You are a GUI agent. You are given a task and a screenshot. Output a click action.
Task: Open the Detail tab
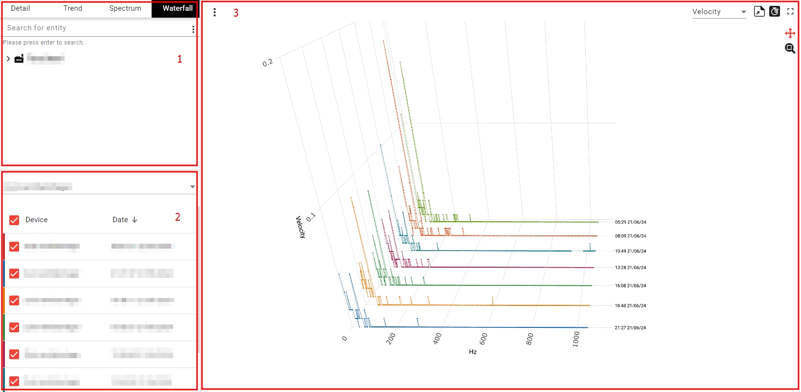pos(21,8)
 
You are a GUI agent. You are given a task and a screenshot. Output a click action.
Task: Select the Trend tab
pos(73,8)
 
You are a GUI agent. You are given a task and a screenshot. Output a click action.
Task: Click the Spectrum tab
pos(125,8)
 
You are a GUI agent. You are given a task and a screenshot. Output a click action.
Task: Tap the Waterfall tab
pos(178,8)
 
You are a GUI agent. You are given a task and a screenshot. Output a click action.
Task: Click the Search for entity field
pos(95,28)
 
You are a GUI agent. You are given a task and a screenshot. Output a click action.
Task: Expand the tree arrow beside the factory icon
pos(8,59)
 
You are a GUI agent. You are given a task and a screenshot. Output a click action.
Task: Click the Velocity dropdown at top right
pos(719,12)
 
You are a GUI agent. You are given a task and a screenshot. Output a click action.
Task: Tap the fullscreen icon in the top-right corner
pos(790,11)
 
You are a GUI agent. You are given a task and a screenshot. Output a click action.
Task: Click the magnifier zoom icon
pos(790,48)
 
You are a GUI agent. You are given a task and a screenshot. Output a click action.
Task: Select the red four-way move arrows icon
pos(790,33)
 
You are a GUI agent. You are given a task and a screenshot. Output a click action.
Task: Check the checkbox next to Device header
pos(14,220)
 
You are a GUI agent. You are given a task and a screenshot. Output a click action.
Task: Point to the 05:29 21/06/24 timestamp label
pos(630,222)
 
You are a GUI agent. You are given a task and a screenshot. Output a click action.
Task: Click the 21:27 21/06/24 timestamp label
pos(630,328)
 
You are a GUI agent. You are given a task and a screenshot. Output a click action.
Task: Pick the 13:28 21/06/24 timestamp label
pos(630,268)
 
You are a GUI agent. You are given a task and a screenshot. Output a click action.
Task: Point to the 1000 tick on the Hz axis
pos(576,339)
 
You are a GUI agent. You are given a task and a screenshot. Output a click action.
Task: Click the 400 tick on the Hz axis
pos(438,338)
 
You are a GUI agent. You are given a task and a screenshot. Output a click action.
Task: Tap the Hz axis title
pos(473,352)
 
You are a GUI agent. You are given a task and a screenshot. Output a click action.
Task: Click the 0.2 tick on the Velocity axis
pos(267,63)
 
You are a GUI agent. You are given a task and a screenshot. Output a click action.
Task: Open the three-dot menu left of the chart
pos(215,12)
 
